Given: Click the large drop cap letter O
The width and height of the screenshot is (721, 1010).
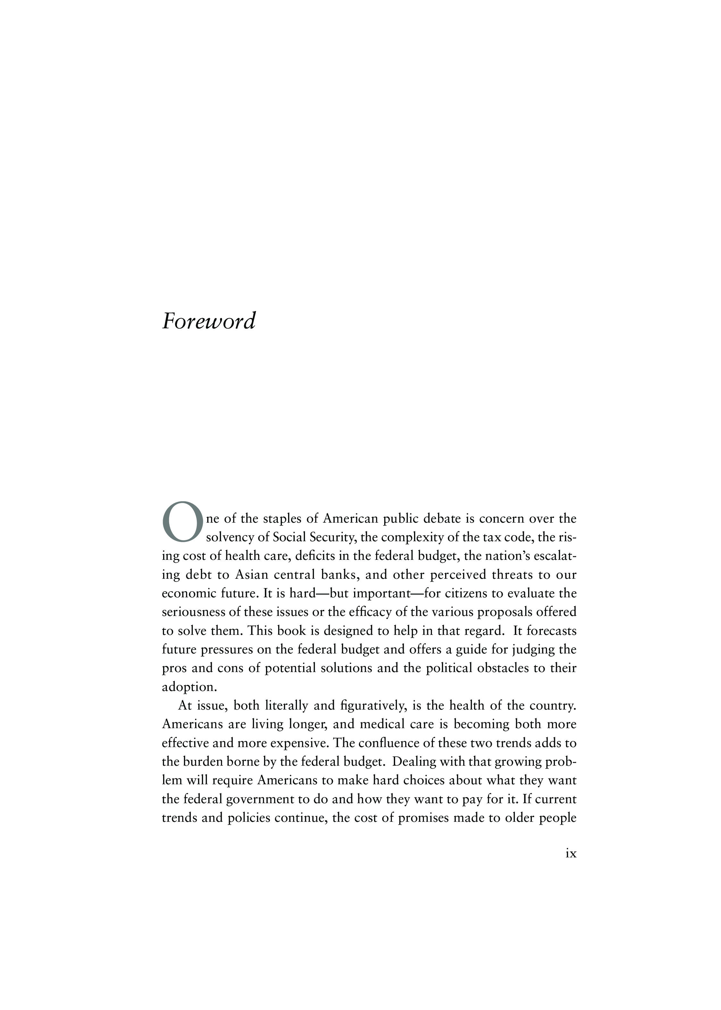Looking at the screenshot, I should [x=182, y=522].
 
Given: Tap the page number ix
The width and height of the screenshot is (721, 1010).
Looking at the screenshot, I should [x=571, y=853].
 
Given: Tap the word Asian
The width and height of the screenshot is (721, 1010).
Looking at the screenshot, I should [x=252, y=575].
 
